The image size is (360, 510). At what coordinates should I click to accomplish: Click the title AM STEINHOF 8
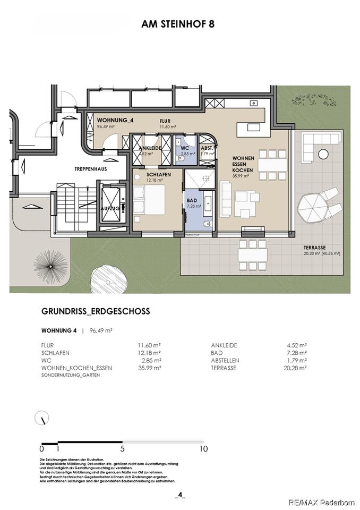point(178,24)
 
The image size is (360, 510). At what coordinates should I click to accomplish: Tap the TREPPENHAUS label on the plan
point(91,168)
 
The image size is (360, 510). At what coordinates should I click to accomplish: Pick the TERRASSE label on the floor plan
point(315,247)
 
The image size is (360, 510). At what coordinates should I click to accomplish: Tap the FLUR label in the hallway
point(165,121)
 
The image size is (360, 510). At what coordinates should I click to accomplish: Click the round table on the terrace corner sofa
point(323,154)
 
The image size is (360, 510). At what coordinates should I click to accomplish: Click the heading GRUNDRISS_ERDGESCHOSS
point(96,312)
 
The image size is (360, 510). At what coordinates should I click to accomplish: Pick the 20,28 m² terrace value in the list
point(296,368)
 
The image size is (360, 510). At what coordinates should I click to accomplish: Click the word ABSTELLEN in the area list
point(225,360)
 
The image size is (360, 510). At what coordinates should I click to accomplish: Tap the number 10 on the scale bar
point(203,449)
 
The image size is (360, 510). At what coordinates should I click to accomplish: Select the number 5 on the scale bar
point(123,449)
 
